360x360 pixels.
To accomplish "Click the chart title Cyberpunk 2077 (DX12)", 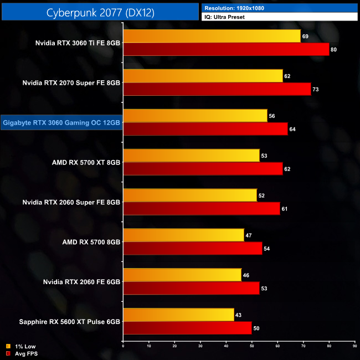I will (100, 12).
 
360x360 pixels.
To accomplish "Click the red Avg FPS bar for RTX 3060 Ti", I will (226, 49).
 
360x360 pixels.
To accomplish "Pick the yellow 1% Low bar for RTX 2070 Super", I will (203, 76).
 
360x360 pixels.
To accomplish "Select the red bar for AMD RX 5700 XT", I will (203, 169).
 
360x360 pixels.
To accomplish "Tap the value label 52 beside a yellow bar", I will (263, 196).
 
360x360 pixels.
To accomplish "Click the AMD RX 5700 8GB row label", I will (85, 242).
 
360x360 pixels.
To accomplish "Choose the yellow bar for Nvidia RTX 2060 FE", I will (182, 275).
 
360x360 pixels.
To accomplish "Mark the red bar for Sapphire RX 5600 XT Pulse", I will (187, 328).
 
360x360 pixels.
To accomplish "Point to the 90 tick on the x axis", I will (355, 346).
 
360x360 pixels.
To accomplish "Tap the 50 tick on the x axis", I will (252, 346).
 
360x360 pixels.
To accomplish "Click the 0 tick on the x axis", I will (123, 346).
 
